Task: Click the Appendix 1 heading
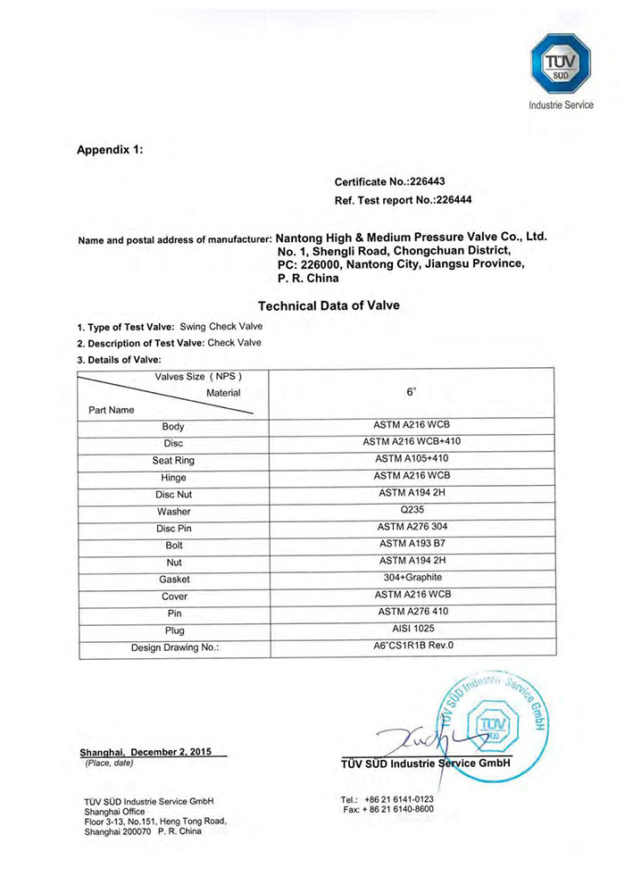pos(110,149)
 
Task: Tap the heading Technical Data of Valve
pos(329,305)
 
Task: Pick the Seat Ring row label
pos(173,461)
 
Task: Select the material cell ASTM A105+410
pos(411,459)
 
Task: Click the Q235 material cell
pos(411,510)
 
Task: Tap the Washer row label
pos(173,512)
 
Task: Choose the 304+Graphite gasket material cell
pos(411,578)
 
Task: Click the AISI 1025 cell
pos(411,629)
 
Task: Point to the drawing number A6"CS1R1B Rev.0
pos(411,646)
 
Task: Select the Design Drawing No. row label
pos(174,647)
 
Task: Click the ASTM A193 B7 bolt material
pos(411,544)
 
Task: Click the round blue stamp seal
pos(495,722)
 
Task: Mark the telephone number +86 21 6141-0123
pos(399,798)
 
